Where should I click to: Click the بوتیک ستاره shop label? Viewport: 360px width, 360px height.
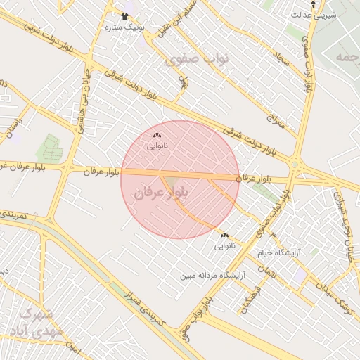[x=124, y=27]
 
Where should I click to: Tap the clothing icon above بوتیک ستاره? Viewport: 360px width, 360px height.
[x=124, y=16]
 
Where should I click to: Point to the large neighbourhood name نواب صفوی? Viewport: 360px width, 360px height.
[x=188, y=60]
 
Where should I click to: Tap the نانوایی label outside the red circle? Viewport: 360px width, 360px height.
[x=225, y=247]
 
